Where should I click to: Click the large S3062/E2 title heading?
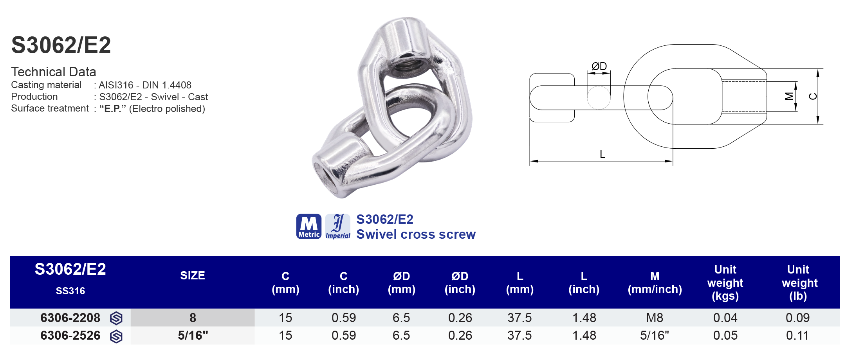coord(61,45)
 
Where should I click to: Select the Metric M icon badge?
coord(309,226)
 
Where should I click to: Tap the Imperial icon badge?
coord(338,226)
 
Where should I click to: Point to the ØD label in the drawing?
coord(599,66)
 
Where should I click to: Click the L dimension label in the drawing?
coord(602,154)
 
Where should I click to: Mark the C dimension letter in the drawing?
coord(813,96)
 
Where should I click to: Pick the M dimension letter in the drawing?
coord(789,96)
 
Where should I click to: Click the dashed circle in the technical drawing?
coord(599,97)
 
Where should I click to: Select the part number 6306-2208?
coord(70,318)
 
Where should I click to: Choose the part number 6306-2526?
coord(70,335)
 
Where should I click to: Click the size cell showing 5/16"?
coord(193,335)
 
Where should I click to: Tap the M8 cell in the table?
coord(655,318)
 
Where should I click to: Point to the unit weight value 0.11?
coord(797,335)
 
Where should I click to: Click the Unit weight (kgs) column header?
coord(725,283)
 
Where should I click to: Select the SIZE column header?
coord(192,275)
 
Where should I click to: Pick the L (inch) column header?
coord(584,283)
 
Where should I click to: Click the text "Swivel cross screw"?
coord(416,234)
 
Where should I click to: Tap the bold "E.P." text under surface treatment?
coord(113,108)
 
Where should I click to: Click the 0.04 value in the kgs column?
coord(725,318)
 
